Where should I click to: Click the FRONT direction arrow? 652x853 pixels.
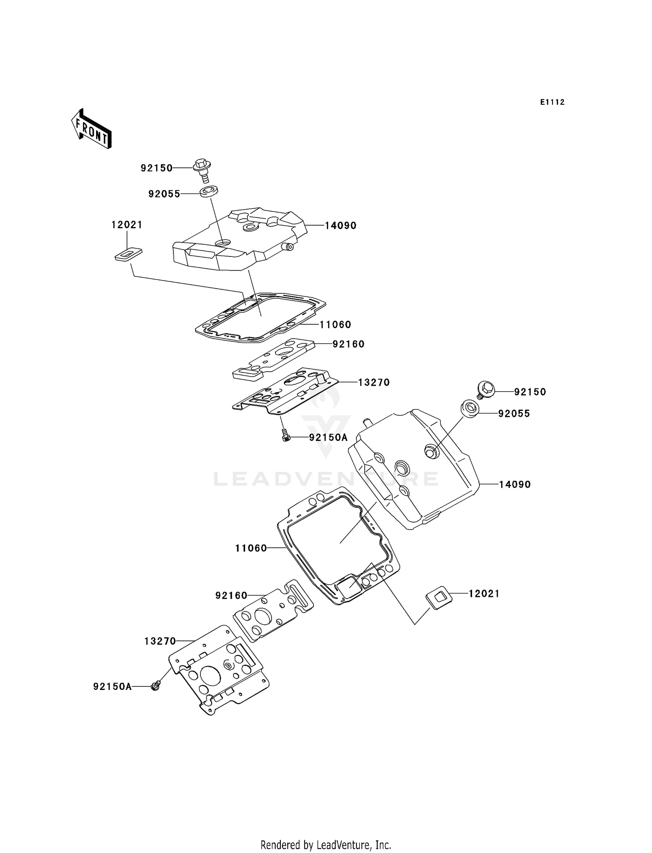[92, 130]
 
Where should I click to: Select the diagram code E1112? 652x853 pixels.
[552, 102]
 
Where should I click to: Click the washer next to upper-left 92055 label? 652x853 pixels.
[209, 191]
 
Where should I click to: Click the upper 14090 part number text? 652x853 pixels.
[340, 226]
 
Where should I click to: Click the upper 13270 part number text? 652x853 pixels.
[374, 383]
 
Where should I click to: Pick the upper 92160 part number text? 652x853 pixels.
[349, 344]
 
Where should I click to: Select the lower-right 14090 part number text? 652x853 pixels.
[515, 484]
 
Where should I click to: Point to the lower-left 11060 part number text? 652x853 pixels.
[251, 548]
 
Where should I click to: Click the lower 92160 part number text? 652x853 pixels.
[231, 595]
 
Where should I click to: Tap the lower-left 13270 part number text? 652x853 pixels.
[160, 641]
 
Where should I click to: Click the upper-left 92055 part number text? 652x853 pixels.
[164, 194]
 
